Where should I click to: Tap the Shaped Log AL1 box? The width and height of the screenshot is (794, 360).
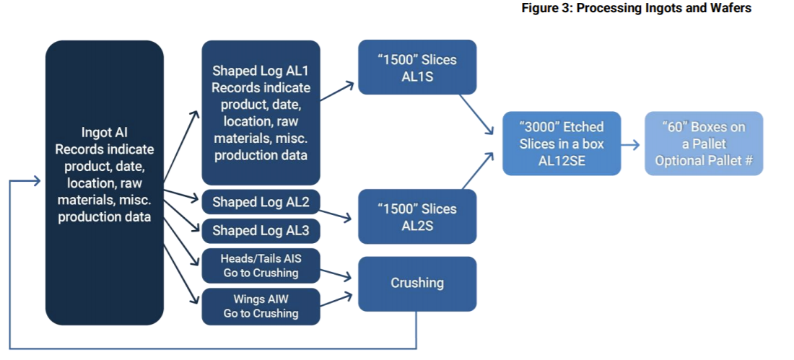261,113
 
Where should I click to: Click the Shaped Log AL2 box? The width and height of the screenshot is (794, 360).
261,203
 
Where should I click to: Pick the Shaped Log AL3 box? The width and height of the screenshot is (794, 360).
261,231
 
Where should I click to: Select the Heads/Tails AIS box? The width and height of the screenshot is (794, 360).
261,265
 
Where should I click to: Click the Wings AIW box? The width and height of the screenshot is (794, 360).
261,306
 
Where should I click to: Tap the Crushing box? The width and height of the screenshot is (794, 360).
417,284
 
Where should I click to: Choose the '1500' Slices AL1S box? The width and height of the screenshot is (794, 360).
417,67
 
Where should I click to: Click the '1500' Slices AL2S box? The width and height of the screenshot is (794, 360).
417,216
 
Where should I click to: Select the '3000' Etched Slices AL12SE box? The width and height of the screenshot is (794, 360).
561,144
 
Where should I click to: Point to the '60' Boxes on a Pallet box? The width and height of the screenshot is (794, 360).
703,144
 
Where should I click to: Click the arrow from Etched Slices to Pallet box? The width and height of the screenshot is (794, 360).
631,144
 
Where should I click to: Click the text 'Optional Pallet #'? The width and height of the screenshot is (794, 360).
703,161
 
